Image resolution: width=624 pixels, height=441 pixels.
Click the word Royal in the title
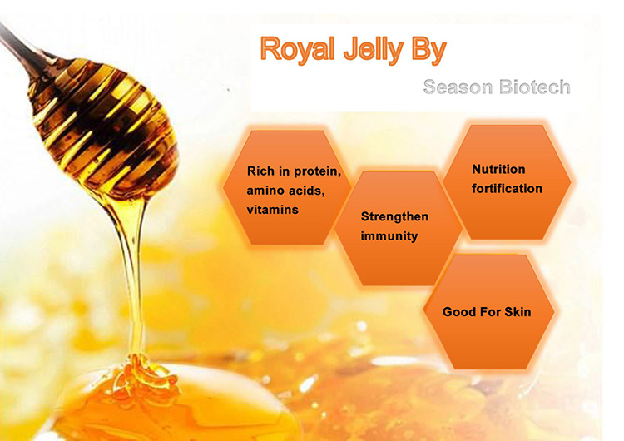tap(297, 49)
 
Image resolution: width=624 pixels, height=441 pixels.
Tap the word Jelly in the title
tap(374, 50)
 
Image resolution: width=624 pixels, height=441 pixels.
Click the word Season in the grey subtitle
tap(458, 87)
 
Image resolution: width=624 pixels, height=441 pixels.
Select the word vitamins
tap(273, 210)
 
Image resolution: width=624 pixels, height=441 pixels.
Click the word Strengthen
tap(394, 216)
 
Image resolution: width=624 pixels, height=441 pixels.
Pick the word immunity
tap(389, 236)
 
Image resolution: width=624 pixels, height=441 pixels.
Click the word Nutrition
tap(498, 169)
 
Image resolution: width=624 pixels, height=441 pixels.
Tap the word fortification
tap(507, 188)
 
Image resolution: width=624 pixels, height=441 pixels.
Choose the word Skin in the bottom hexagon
tap(518, 312)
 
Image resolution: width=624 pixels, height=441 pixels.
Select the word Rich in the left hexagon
tap(260, 171)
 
